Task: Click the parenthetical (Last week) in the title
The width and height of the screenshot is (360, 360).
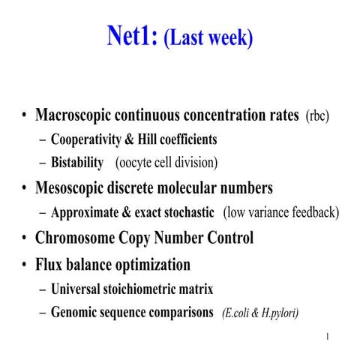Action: coord(208,37)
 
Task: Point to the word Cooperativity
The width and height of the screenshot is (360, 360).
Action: coord(91,139)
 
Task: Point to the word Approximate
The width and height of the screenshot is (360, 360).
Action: coord(86,212)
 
